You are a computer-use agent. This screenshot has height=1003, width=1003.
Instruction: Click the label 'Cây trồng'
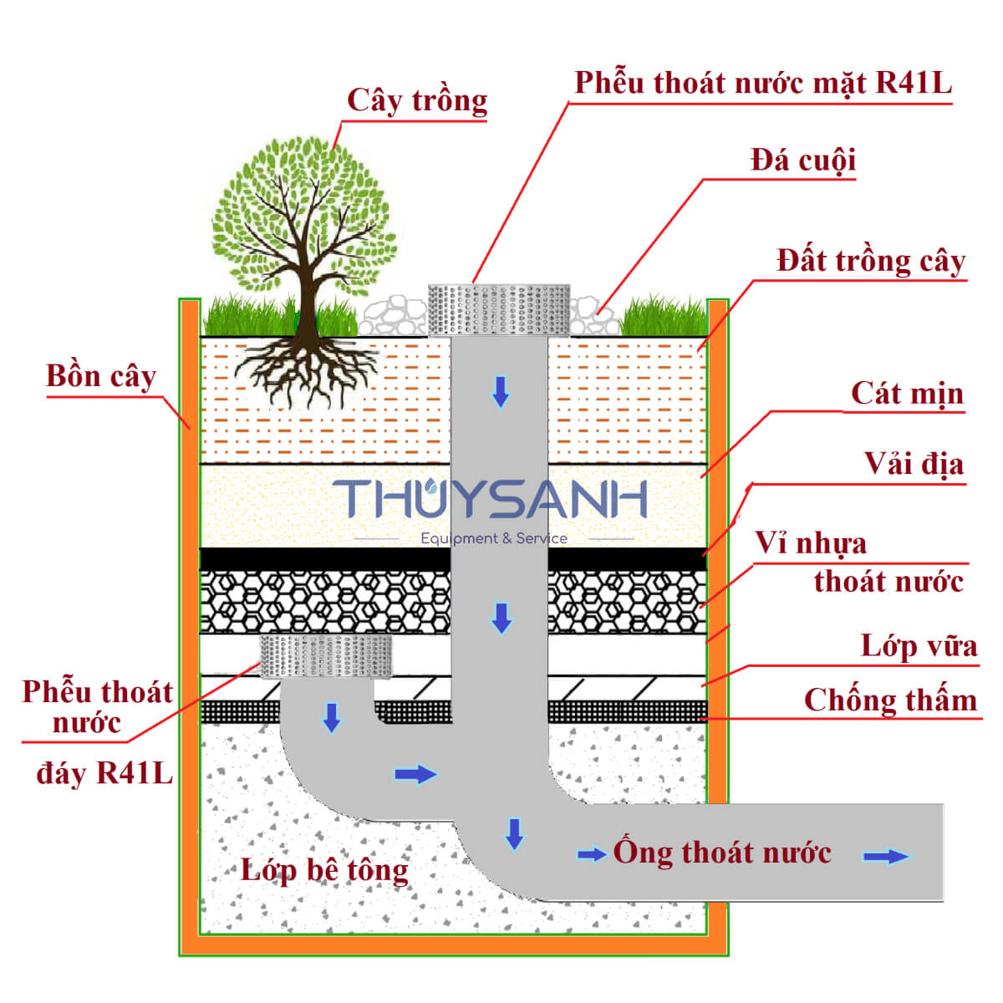417,101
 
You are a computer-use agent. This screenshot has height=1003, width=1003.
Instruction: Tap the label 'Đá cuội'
803,160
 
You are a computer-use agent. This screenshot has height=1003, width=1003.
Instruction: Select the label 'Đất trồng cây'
871,262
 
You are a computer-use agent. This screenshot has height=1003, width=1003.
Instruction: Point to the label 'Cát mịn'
907,394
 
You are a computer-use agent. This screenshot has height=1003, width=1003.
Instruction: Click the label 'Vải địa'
914,464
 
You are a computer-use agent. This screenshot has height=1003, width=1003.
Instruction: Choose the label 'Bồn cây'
101,376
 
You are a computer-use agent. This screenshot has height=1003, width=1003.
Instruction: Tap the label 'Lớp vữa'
919,646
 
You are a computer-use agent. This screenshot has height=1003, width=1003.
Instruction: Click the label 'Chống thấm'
890,700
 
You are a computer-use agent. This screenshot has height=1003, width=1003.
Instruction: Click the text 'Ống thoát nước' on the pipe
722,852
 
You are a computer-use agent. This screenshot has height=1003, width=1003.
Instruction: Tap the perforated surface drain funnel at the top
499,310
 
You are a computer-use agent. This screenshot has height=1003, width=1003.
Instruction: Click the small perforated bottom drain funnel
326,656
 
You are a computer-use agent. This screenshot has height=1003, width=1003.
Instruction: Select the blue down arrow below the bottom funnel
332,718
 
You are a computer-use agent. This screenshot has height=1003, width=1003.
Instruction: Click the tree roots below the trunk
307,370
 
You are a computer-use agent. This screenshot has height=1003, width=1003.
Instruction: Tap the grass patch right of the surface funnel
663,316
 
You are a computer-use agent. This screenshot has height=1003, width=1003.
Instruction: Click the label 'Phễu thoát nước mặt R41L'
763,84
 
